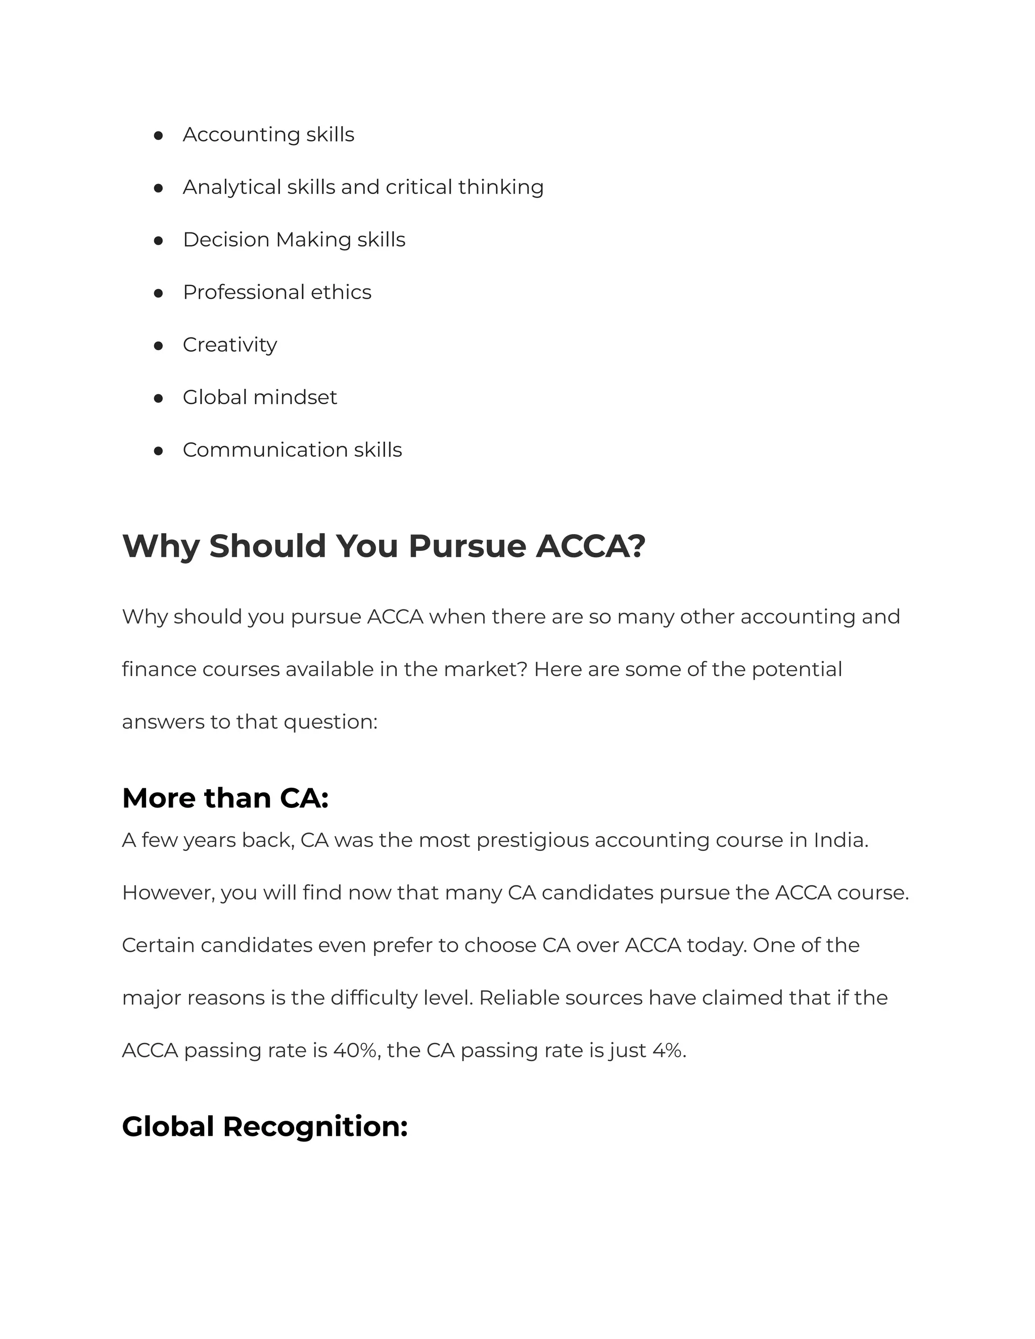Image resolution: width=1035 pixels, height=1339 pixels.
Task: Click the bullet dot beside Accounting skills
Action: pyautogui.click(x=158, y=135)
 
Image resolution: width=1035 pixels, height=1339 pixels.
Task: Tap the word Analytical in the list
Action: pyautogui.click(x=232, y=187)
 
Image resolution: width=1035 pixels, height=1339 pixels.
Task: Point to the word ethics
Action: pyautogui.click(x=341, y=292)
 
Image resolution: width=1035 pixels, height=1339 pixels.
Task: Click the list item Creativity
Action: pyautogui.click(x=229, y=345)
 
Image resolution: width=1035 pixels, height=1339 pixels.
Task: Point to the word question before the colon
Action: pyautogui.click(x=327, y=722)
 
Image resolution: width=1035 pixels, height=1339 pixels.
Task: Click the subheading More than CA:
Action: pyautogui.click(x=225, y=798)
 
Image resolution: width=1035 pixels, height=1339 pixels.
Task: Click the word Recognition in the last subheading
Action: pyautogui.click(x=314, y=1127)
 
